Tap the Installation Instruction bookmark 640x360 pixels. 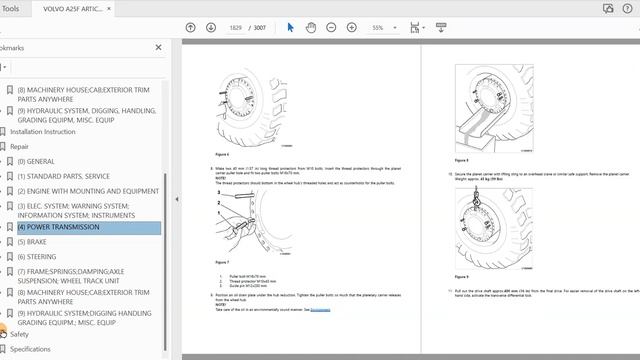tap(43, 131)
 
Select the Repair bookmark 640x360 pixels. tap(26, 146)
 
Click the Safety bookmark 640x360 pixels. tap(20, 334)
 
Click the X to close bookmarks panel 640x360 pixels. tap(158, 47)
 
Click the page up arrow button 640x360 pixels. tap(190, 27)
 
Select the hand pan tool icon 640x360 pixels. tap(311, 27)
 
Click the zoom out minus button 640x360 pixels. tap(333, 27)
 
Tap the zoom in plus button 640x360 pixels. tap(354, 27)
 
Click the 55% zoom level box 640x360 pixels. tap(383, 27)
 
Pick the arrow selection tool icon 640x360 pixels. tap(291, 27)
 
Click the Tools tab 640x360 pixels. tap(12, 7)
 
